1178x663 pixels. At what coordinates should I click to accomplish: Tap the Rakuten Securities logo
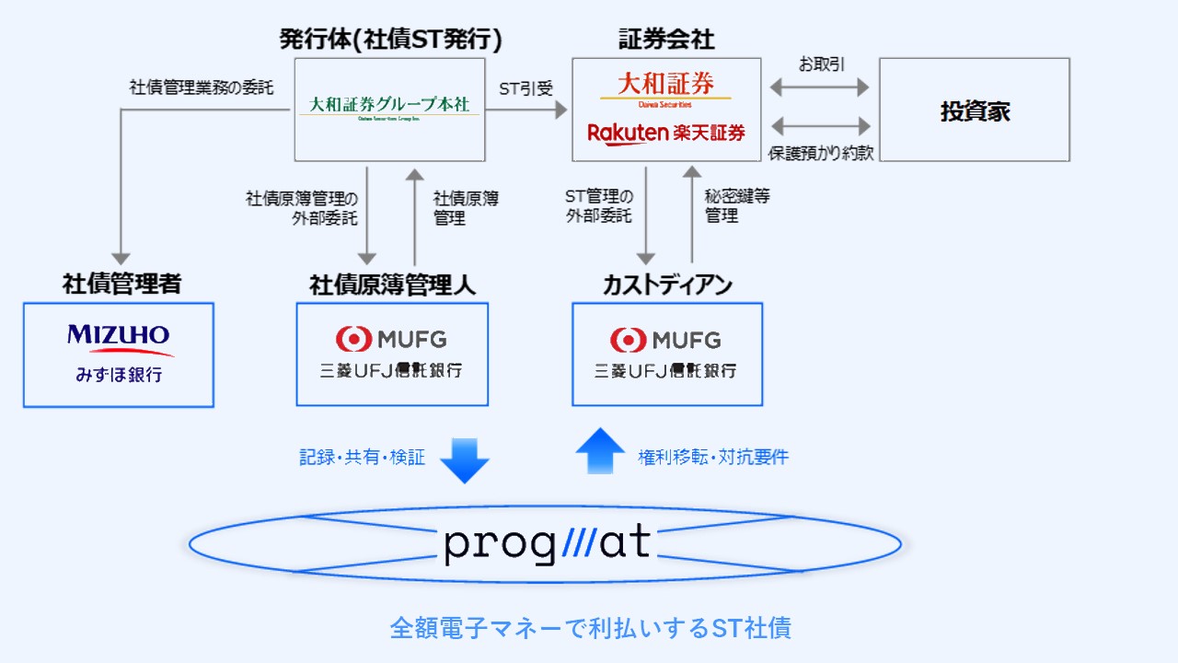[666, 134]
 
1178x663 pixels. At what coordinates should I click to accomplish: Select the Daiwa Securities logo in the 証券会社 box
[665, 88]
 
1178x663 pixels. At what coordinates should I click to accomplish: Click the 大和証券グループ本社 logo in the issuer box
[389, 109]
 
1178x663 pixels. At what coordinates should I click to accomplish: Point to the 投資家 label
[975, 111]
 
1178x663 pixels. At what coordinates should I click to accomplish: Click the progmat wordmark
[547, 543]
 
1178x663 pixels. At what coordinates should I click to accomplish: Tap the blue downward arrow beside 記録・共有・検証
[464, 458]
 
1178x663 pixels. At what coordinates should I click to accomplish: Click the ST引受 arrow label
[525, 88]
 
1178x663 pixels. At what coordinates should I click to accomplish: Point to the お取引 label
[821, 64]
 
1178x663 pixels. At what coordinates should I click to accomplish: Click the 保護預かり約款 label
[821, 153]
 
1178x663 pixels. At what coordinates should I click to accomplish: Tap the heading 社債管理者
[121, 284]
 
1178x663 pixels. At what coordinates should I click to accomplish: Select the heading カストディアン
[667, 285]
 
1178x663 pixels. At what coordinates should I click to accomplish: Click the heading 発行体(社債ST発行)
[391, 39]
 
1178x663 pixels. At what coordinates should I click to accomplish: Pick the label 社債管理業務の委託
[202, 88]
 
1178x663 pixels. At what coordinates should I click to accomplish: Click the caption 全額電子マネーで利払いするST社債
[590, 628]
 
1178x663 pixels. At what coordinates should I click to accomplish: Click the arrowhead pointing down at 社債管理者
[121, 259]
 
